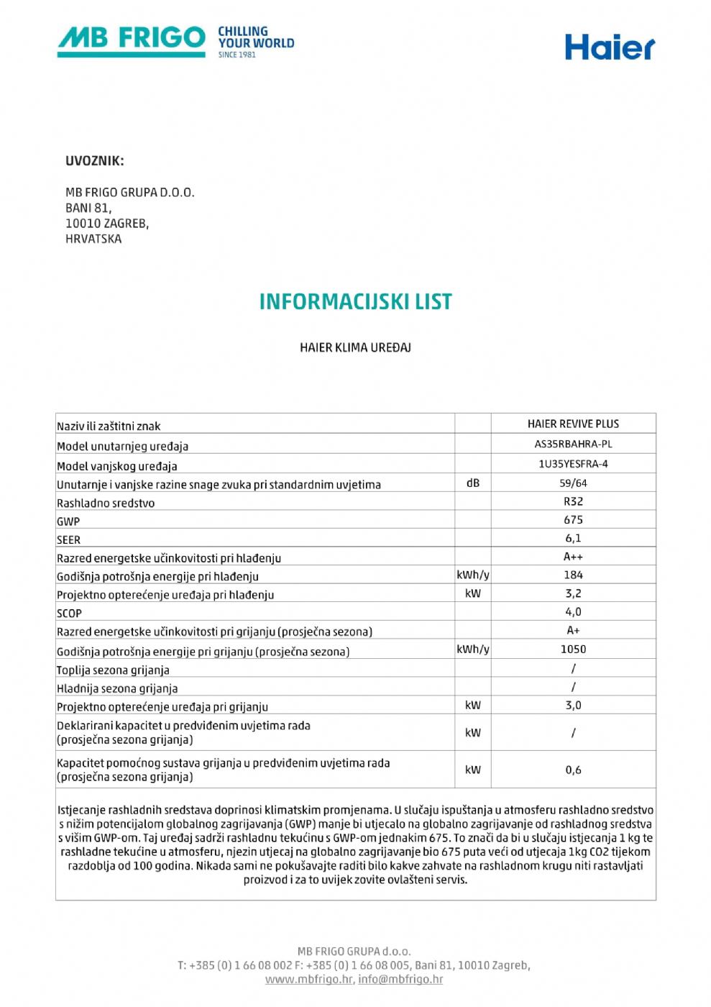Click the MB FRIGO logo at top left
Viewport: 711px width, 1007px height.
pos(175,41)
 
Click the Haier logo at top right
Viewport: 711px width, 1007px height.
pos(609,47)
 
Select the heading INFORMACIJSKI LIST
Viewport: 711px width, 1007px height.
pos(355,301)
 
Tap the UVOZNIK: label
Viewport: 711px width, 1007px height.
pos(94,161)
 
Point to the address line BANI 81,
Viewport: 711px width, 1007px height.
pos(88,208)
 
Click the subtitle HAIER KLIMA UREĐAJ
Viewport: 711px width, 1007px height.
pos(355,347)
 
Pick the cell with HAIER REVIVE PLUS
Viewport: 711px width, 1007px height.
pos(573,424)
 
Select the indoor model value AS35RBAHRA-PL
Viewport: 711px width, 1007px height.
pos(573,444)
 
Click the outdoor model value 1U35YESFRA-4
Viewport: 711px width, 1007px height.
pos(573,464)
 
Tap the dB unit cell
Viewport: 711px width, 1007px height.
pos(472,483)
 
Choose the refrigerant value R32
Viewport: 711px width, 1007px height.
pos(573,501)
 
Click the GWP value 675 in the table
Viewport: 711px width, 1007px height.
pos(573,519)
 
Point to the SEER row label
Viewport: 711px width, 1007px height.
pos(69,540)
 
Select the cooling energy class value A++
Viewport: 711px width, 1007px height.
pos(573,557)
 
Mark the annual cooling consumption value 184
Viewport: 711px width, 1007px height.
pos(573,575)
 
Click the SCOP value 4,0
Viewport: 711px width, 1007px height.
pos(573,612)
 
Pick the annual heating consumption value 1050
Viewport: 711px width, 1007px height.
pos(573,649)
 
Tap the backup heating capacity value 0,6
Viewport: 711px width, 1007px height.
pos(573,770)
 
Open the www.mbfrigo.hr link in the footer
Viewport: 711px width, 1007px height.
pos(308,979)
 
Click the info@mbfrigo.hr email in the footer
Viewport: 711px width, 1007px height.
pos(400,979)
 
